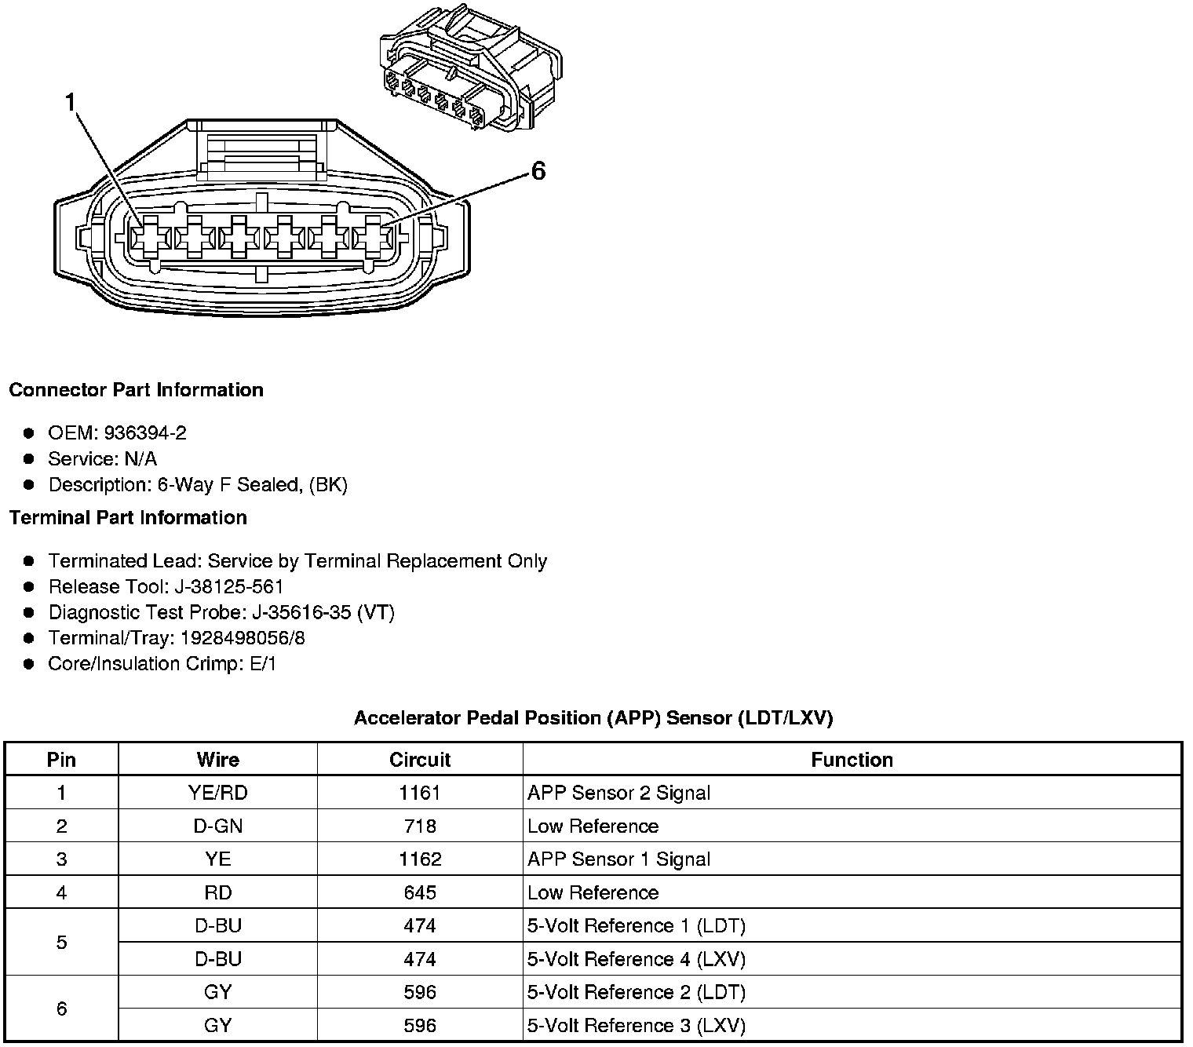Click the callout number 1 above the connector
pos(71,103)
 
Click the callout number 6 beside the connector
pos(538,170)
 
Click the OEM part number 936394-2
pos(145,433)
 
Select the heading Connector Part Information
pos(136,390)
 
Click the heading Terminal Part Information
pos(128,518)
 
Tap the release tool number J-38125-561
pos(232,587)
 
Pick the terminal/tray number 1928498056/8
pos(243,638)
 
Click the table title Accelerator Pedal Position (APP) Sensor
pos(593,717)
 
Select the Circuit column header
pos(420,760)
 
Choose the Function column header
pos(852,760)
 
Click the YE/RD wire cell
pos(218,793)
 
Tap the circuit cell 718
pos(420,826)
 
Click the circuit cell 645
pos(420,892)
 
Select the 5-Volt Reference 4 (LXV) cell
pos(636,959)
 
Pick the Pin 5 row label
pos(61,942)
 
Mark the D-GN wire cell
pos(218,826)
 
